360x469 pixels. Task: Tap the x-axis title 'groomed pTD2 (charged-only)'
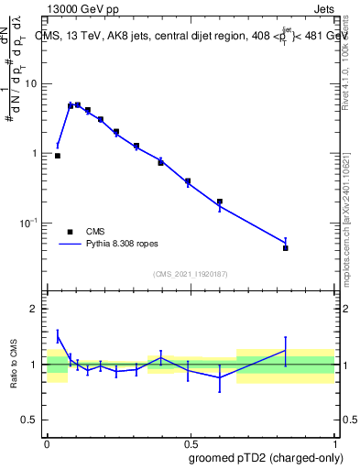pos(267,457)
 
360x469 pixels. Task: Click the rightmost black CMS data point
pos(286,248)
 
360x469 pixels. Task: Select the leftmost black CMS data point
pos(58,156)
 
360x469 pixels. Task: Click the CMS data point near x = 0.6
pos(220,202)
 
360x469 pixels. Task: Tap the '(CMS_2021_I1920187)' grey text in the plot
pos(191,274)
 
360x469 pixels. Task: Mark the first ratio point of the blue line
pos(58,336)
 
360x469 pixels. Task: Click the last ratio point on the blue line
pos(286,351)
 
